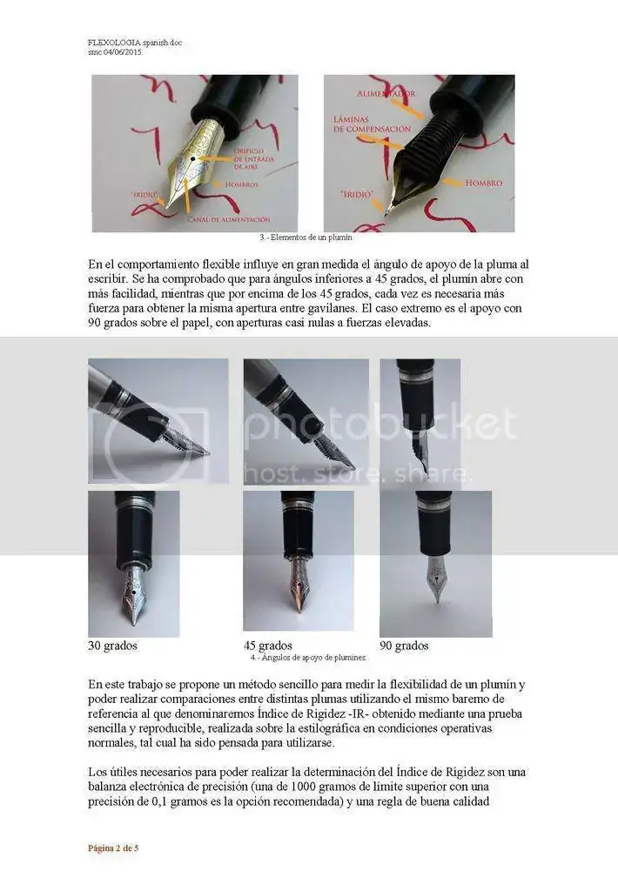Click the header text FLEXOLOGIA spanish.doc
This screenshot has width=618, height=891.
click(x=134, y=42)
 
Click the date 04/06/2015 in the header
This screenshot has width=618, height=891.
click(x=123, y=51)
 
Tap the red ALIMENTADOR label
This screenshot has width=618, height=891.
click(x=386, y=93)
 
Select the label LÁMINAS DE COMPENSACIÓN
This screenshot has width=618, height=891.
click(x=372, y=124)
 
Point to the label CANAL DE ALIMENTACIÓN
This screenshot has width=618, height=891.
click(x=229, y=219)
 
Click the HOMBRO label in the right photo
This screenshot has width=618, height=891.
click(x=484, y=184)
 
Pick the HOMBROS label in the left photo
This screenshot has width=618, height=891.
click(x=241, y=184)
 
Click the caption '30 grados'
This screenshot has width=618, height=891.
click(x=112, y=646)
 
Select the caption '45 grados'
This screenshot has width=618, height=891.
click(x=267, y=646)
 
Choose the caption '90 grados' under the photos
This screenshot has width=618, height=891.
click(x=404, y=646)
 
